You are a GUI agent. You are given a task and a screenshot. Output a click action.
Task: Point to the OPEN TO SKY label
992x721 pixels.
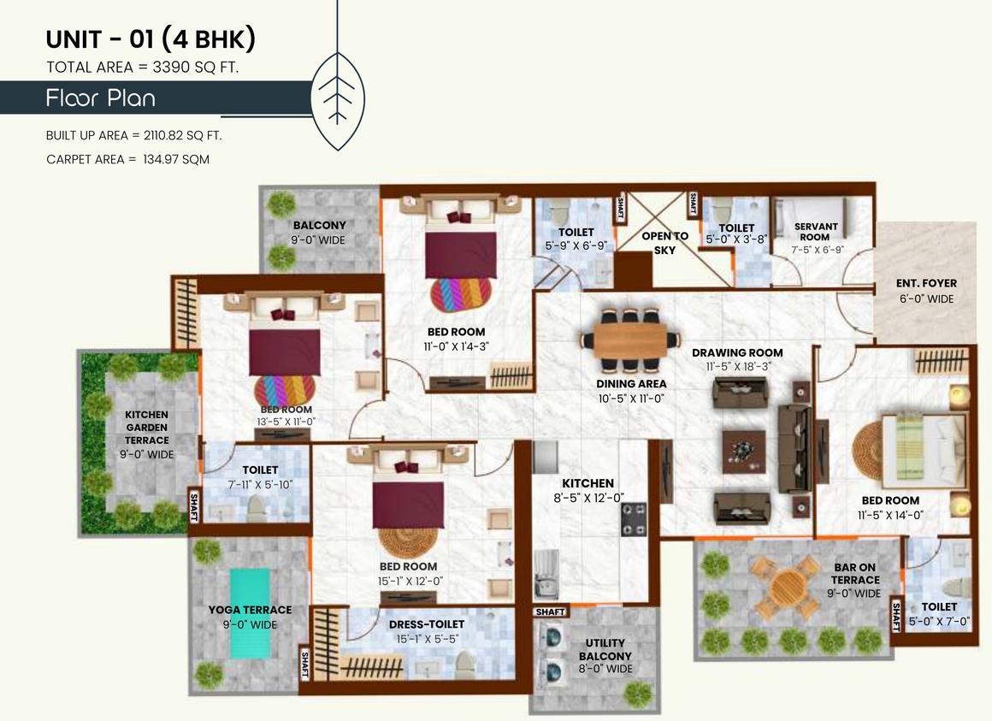click(x=664, y=243)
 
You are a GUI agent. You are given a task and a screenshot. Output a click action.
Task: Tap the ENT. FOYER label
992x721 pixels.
click(x=925, y=283)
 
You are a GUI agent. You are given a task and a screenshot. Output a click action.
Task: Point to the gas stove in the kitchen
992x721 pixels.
click(x=634, y=519)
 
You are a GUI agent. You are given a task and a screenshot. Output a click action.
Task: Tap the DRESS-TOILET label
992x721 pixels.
click(x=426, y=624)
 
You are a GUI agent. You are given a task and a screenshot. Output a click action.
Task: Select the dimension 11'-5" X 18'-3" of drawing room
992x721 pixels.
click(x=737, y=366)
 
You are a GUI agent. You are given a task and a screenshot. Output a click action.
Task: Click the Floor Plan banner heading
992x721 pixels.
click(x=101, y=98)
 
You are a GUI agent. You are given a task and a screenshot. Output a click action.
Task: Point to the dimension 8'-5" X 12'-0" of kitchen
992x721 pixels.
click(x=588, y=497)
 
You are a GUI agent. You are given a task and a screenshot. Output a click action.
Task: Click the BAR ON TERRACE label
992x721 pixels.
click(x=855, y=573)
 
